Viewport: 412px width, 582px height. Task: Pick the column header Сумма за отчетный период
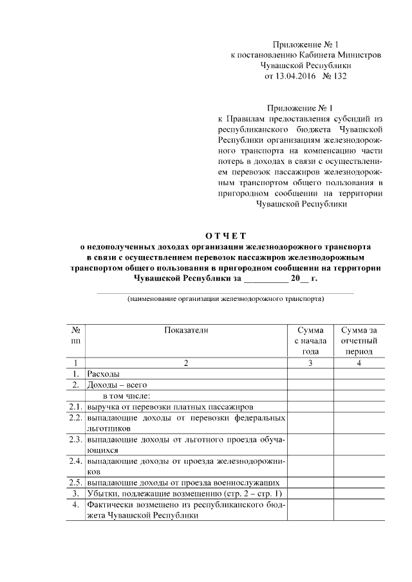pos(359,340)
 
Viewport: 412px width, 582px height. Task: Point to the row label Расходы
pos(104,374)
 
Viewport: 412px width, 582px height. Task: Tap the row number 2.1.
pos(75,407)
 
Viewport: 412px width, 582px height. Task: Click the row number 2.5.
pos(75,482)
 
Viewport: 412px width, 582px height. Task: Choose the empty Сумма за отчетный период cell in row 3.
pos(359,493)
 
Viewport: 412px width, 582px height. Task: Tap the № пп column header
pos(75,334)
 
